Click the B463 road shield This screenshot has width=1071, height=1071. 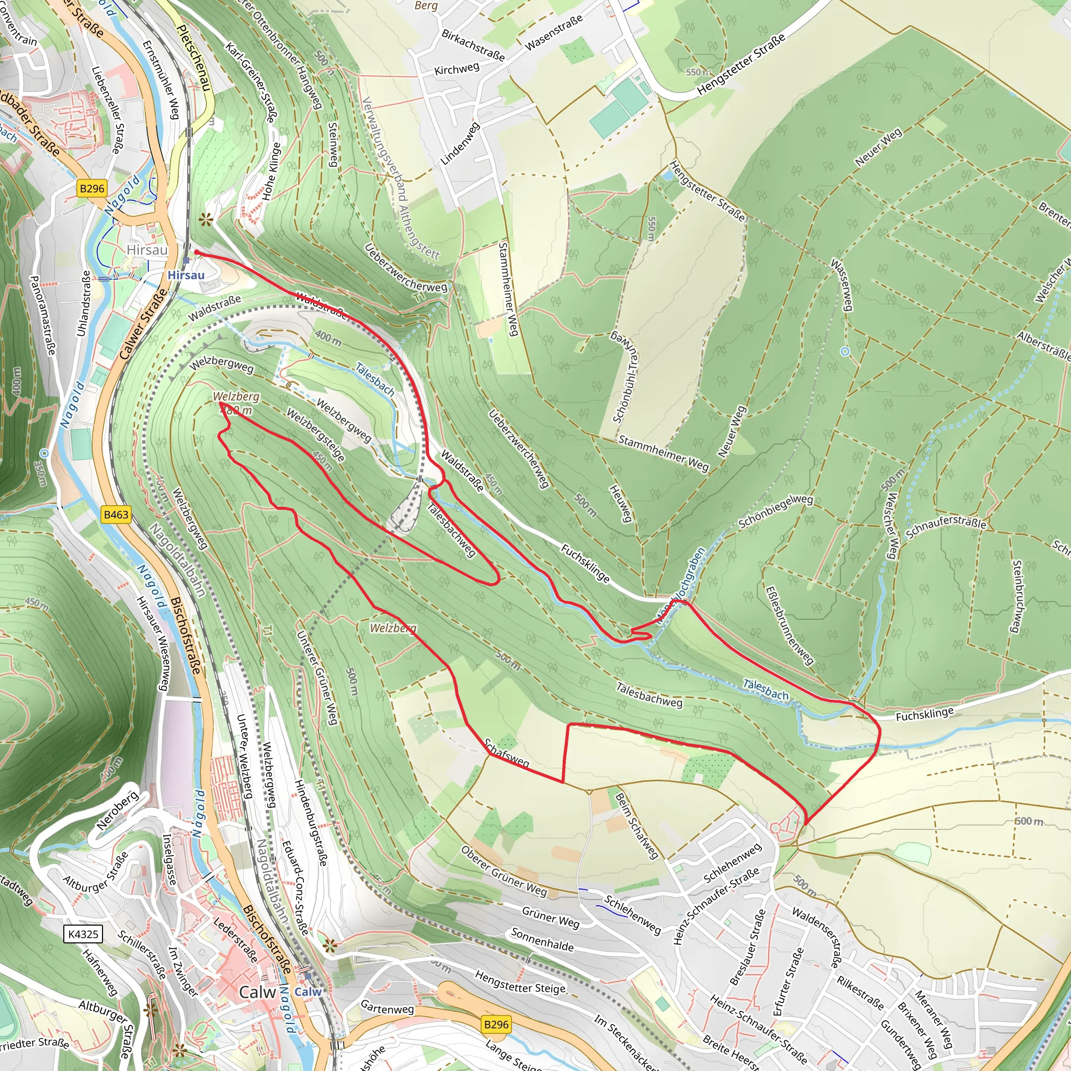click(x=116, y=515)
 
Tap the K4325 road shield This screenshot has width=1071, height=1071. click(x=83, y=934)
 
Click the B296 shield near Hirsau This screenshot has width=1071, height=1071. click(x=92, y=188)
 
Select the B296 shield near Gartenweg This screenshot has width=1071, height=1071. click(x=496, y=1024)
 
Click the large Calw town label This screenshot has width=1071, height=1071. click(x=257, y=992)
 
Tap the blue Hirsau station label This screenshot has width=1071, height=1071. click(x=186, y=275)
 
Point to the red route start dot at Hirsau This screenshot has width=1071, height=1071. click(x=197, y=252)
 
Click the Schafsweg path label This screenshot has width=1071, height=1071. click(x=506, y=754)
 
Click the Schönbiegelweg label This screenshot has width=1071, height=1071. click(x=775, y=511)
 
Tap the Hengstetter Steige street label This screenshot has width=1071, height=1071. click(x=520, y=982)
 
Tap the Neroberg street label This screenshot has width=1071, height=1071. click(x=118, y=811)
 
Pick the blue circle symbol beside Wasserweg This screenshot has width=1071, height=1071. click(x=844, y=351)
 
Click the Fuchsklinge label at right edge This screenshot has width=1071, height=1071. click(x=924, y=714)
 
